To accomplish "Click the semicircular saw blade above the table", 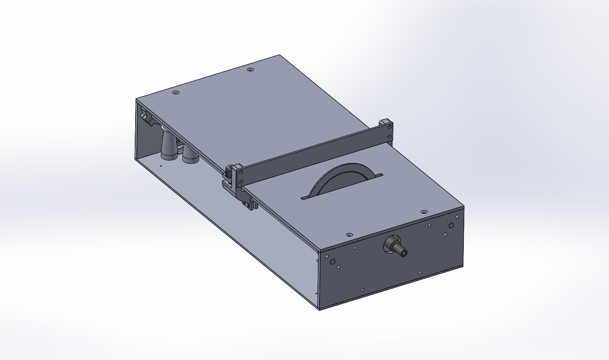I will (336, 178).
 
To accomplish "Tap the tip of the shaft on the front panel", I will (403, 253).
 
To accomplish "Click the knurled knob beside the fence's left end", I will (229, 173).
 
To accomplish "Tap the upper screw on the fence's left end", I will (241, 172).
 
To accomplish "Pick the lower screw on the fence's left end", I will (241, 182).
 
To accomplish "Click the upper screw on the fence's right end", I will (389, 127).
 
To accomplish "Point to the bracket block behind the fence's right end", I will (384, 121).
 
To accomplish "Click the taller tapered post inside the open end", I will (168, 146).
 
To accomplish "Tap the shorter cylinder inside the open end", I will (190, 156).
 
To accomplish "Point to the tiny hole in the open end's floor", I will (161, 166).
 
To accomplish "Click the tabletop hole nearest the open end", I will (175, 93).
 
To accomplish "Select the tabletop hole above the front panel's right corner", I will (424, 211).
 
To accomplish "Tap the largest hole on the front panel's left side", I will (333, 262).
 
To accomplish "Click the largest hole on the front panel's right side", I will (451, 225).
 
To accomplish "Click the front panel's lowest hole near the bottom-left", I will (362, 290).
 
